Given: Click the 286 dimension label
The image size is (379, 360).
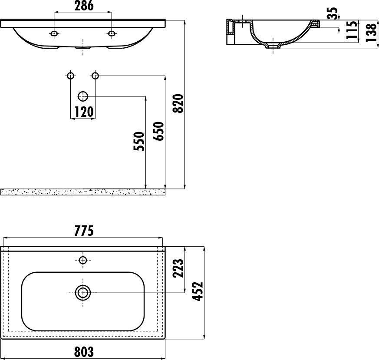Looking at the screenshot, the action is click(x=84, y=6).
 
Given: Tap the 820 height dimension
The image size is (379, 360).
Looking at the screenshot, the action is click(x=178, y=103).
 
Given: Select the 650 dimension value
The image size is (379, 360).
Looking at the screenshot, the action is click(x=158, y=131).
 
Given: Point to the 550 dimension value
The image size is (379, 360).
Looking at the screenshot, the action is click(x=139, y=141).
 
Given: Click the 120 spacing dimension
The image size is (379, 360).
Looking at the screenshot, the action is click(x=84, y=112).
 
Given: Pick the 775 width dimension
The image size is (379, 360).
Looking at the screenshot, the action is click(x=84, y=231).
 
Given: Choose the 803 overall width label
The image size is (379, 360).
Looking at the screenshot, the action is click(x=84, y=352).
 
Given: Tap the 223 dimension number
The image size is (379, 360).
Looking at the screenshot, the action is click(x=178, y=268).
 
